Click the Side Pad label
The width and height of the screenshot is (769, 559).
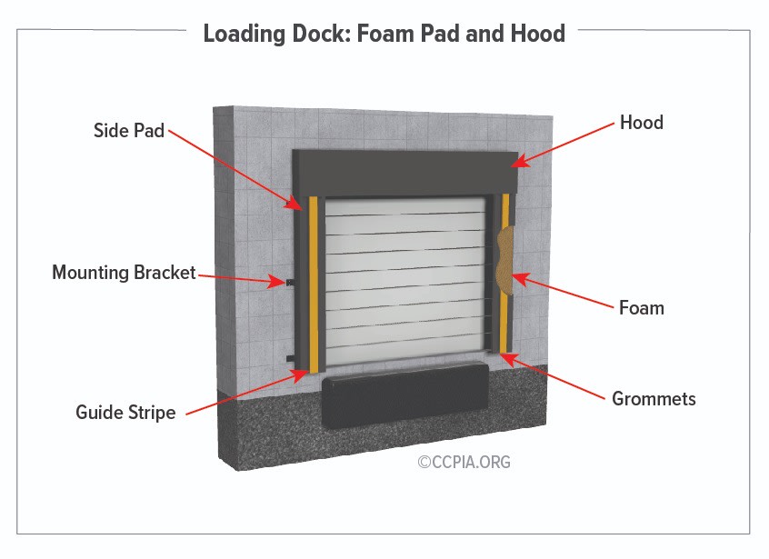pyautogui.click(x=129, y=131)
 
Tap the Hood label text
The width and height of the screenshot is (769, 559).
pyautogui.click(x=641, y=122)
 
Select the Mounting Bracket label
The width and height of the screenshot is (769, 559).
pyautogui.click(x=124, y=273)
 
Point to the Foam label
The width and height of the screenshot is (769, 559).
pyautogui.click(x=641, y=308)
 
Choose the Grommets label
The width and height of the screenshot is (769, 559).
pyautogui.click(x=654, y=398)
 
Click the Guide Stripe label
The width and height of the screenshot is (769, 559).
pyautogui.click(x=125, y=413)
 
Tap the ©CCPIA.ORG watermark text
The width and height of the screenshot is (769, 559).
pyautogui.click(x=464, y=462)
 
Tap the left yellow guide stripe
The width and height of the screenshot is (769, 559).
pyautogui.click(x=315, y=282)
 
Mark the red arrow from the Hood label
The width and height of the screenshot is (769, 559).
pyautogui.click(x=563, y=145)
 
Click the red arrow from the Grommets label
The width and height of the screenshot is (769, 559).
pyautogui.click(x=554, y=376)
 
